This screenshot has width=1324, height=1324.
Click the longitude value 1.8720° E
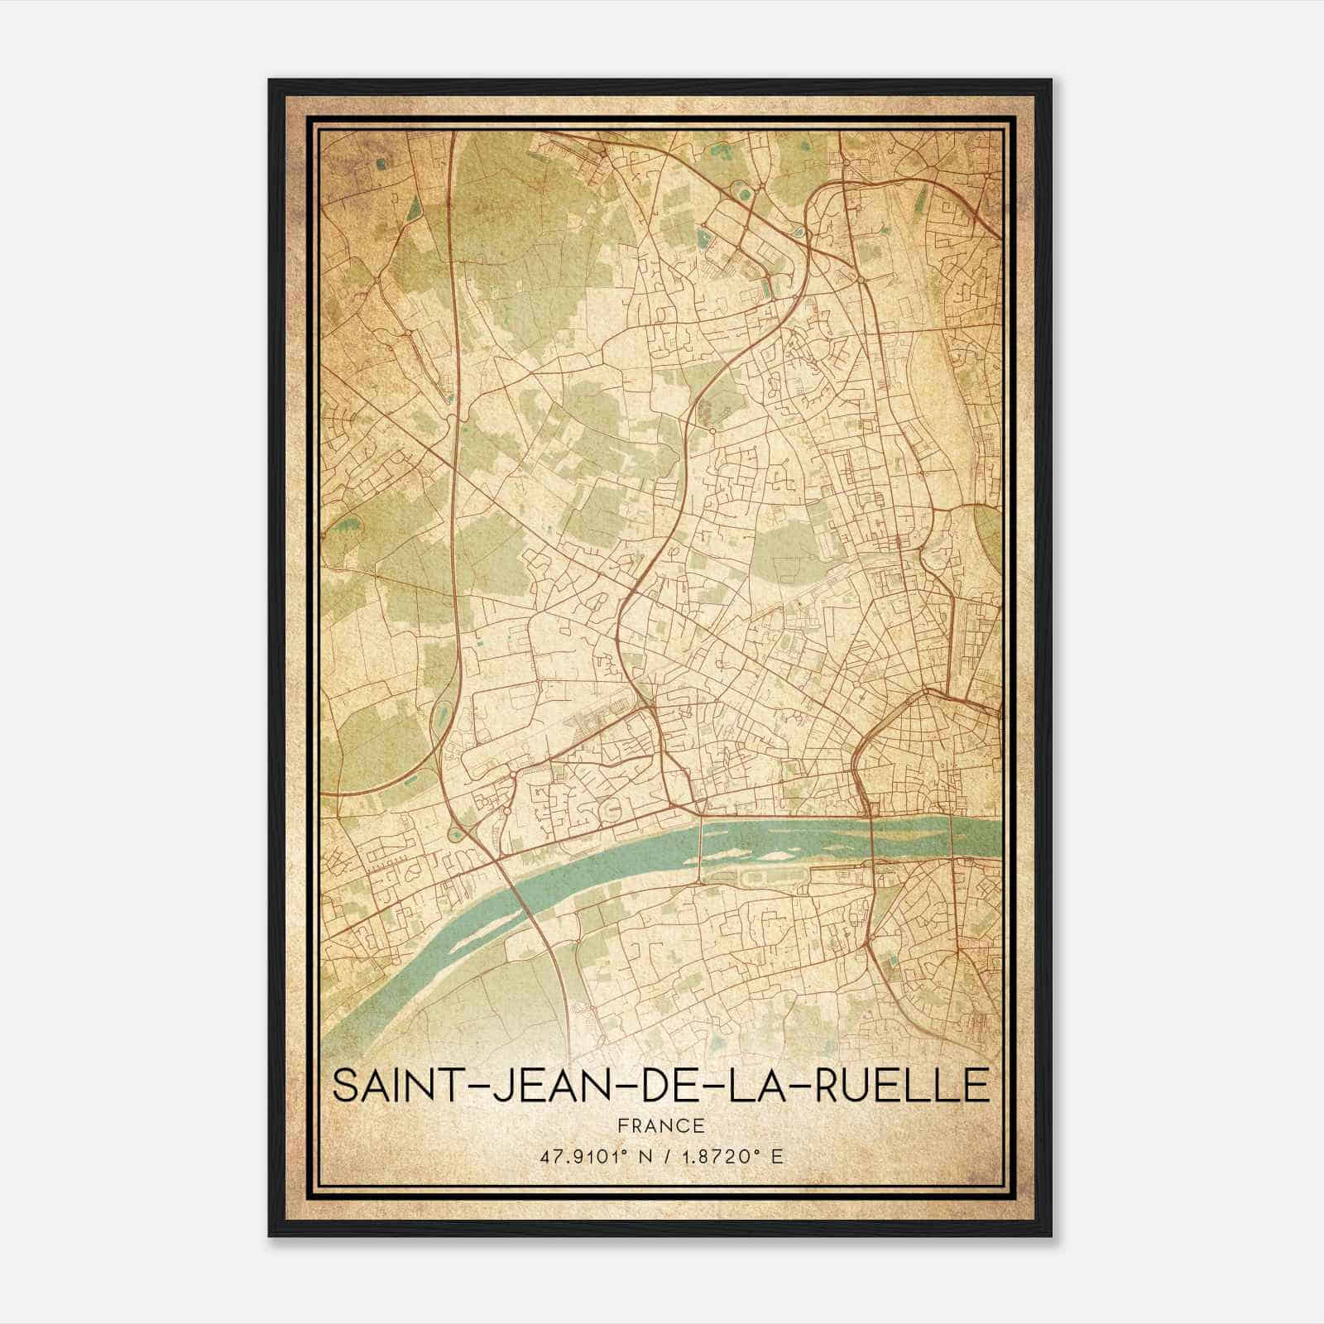point(728,1157)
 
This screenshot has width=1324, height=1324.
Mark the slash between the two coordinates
point(659,1157)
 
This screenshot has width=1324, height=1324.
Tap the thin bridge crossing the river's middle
point(701,848)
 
